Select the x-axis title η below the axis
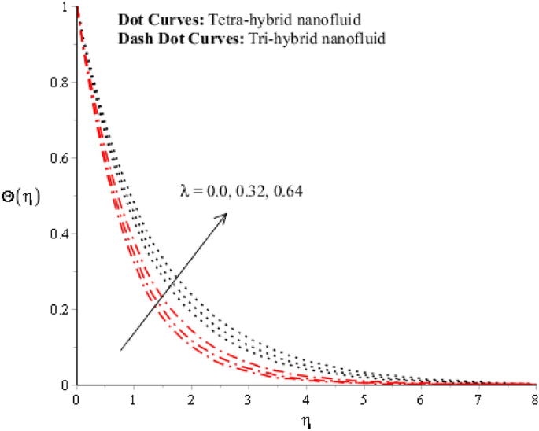pyautogui.click(x=306, y=421)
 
